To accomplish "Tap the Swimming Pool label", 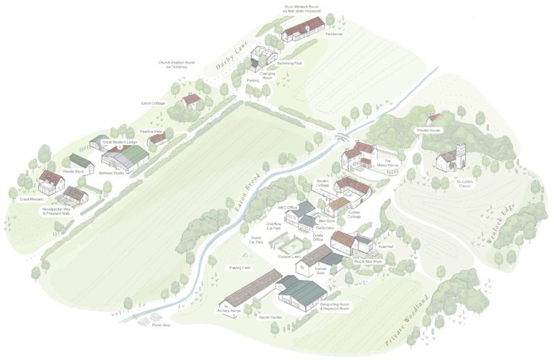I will [288, 63].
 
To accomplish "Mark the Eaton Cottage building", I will [190, 100].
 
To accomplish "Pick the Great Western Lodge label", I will [119, 142].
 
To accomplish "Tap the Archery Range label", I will [229, 311].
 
